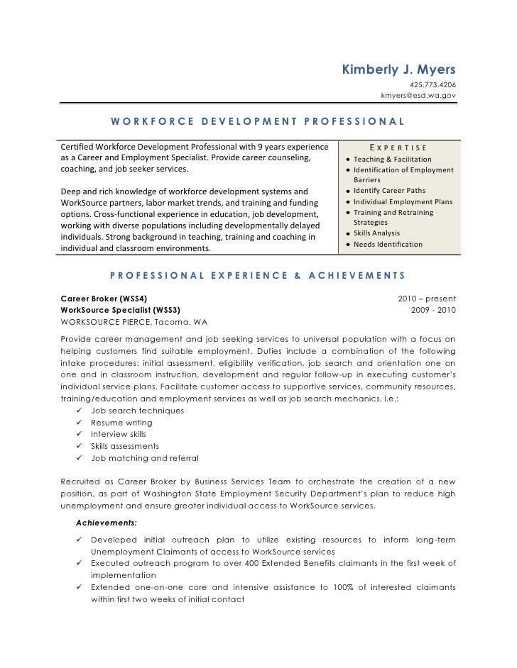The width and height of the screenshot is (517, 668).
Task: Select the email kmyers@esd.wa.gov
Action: (x=418, y=94)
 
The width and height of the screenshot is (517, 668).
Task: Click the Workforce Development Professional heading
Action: (x=258, y=121)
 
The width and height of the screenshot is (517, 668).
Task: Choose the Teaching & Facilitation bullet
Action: (x=392, y=159)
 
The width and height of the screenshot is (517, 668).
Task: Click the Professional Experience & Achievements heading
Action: (x=258, y=275)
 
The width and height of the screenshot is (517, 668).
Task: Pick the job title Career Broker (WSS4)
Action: (x=104, y=299)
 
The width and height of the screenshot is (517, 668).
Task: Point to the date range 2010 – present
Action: (x=426, y=299)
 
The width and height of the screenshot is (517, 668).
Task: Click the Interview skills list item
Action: (x=118, y=434)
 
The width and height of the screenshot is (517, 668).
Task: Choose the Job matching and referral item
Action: (x=144, y=457)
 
